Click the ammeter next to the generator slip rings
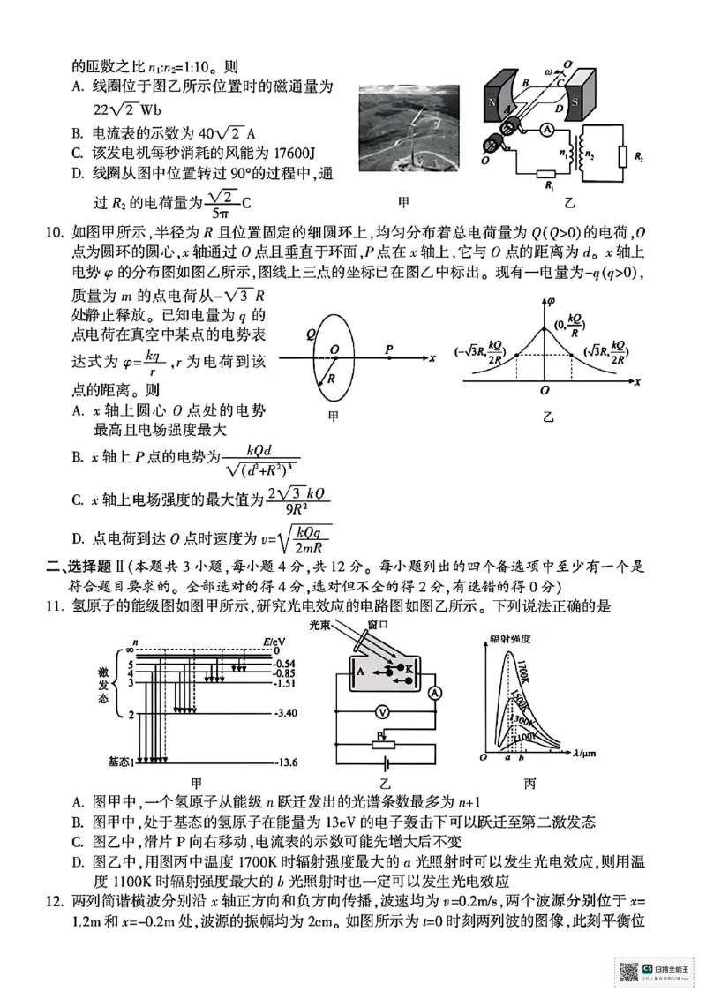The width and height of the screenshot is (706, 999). pos(546,130)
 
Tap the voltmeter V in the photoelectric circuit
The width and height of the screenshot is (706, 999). pos(382,710)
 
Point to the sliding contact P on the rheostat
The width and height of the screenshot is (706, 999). pos(381,734)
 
